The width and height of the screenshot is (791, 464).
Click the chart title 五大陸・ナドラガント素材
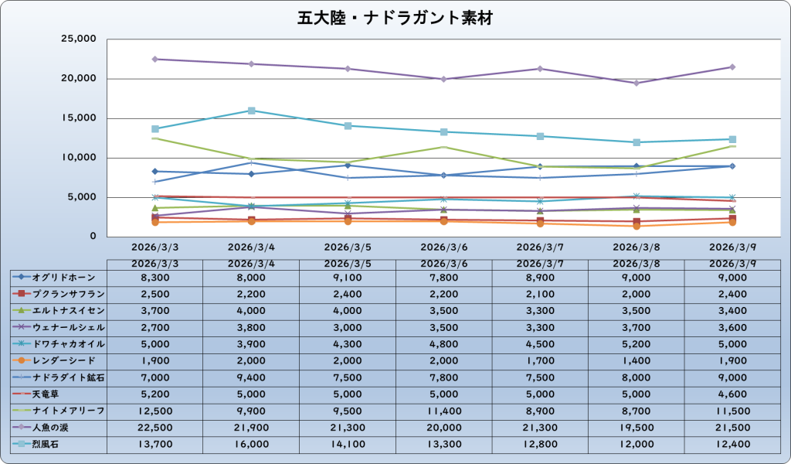pyautogui.click(x=395, y=18)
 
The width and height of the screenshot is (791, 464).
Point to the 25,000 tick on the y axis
pyautogui.click(x=76, y=39)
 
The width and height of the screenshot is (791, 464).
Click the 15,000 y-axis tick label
pyautogui.click(x=76, y=118)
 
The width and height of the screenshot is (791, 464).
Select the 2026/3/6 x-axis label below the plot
pyautogui.click(x=443, y=248)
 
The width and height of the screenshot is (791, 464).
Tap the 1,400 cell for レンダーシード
pyautogui.click(x=636, y=360)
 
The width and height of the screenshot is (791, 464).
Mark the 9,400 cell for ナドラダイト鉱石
pyautogui.click(x=251, y=376)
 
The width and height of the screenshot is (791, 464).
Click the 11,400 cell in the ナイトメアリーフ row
pyautogui.click(x=443, y=410)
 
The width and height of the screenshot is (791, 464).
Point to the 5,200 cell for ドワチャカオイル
pyautogui.click(x=636, y=343)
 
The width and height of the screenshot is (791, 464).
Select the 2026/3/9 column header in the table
pyautogui.click(x=732, y=263)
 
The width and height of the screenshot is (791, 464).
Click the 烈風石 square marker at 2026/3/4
pyautogui.click(x=251, y=111)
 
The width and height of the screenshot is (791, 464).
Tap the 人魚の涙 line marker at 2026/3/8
pyautogui.click(x=636, y=83)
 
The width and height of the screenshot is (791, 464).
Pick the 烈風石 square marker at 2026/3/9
pyautogui.click(x=732, y=139)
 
